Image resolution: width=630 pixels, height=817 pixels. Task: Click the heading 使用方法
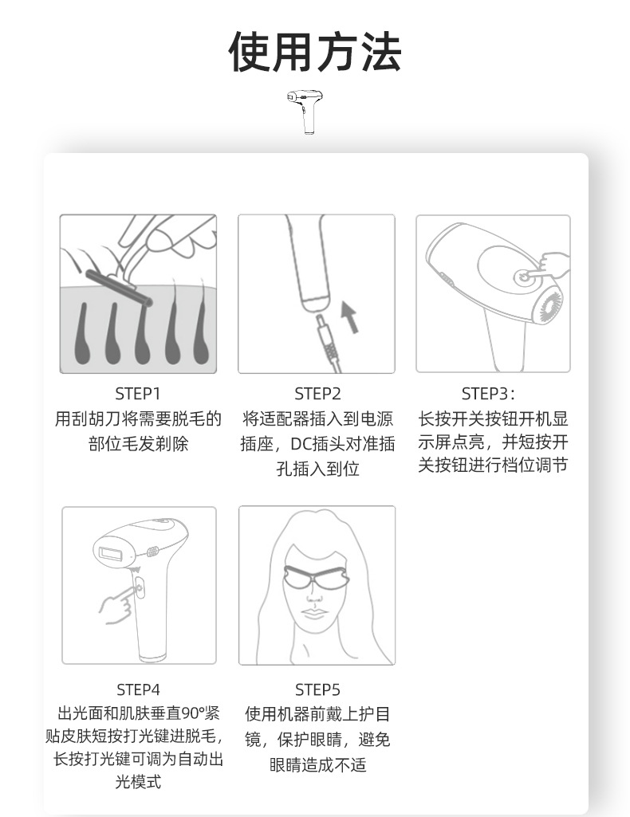click(x=315, y=53)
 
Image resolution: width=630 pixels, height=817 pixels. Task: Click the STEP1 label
click(x=138, y=393)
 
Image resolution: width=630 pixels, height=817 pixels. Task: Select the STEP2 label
click(x=317, y=393)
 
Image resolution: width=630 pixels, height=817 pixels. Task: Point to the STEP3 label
click(x=489, y=393)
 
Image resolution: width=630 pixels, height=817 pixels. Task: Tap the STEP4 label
click(x=138, y=689)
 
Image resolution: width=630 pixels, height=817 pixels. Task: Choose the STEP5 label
click(x=317, y=689)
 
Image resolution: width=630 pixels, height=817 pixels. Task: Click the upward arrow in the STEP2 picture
click(x=348, y=316)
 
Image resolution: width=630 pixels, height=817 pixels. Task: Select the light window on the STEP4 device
click(x=109, y=549)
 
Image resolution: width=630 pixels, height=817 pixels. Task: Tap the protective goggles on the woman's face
click(x=317, y=578)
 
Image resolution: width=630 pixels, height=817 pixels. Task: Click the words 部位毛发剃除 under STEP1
click(x=138, y=444)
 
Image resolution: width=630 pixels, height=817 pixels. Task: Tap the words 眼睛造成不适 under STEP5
click(x=317, y=765)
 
